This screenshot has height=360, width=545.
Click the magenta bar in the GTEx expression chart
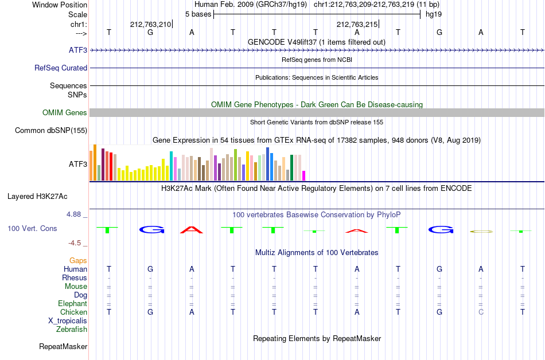click(x=304, y=175)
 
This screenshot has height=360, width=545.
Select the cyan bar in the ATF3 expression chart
click(x=171, y=166)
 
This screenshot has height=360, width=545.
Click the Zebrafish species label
click(x=72, y=329)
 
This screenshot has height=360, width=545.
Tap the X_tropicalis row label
click(x=68, y=321)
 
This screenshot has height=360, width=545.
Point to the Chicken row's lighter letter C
click(x=481, y=312)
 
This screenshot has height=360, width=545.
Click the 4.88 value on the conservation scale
click(x=73, y=214)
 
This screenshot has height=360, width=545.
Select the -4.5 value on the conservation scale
click(x=75, y=242)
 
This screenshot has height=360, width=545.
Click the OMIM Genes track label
click(x=65, y=112)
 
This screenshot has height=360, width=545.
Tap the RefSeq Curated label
click(x=61, y=68)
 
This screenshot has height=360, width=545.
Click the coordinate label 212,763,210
click(x=150, y=24)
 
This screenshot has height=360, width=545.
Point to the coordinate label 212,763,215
click(x=357, y=24)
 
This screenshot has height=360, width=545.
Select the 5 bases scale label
click(x=198, y=14)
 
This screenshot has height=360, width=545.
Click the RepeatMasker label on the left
click(x=63, y=346)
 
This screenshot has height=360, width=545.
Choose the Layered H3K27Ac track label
click(x=37, y=197)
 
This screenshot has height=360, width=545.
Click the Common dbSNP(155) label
click(x=51, y=131)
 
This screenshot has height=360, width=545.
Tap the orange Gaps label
click(x=78, y=260)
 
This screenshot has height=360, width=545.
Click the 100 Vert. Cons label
click(x=32, y=228)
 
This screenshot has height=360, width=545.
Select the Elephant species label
click(x=72, y=303)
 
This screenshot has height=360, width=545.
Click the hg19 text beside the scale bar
click(x=434, y=14)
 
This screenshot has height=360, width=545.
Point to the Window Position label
click(x=60, y=5)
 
